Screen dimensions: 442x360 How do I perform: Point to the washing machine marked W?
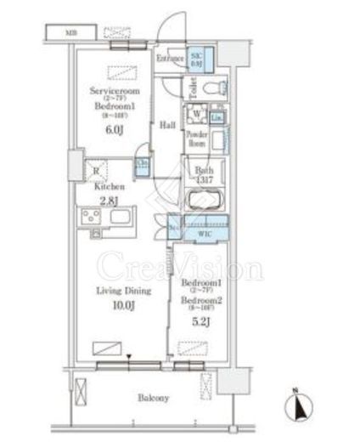(197, 115)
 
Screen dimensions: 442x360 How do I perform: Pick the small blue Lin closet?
(217, 116)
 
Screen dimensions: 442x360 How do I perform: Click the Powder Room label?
(196, 139)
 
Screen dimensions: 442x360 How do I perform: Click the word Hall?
(167, 125)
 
